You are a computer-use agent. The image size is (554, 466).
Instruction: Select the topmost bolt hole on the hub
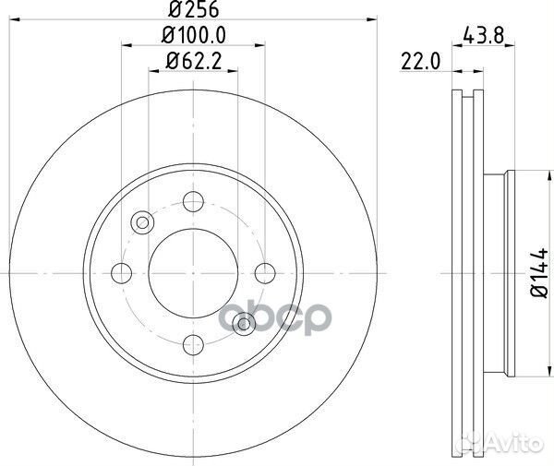[193, 201]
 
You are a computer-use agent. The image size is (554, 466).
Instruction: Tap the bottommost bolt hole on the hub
[193, 344]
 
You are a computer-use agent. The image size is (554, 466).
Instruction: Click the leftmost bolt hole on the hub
[121, 273]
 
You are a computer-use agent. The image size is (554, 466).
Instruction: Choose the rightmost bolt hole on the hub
[265, 273]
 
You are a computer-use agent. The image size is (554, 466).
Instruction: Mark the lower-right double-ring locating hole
[244, 323]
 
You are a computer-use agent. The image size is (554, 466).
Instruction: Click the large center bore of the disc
[192, 273]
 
